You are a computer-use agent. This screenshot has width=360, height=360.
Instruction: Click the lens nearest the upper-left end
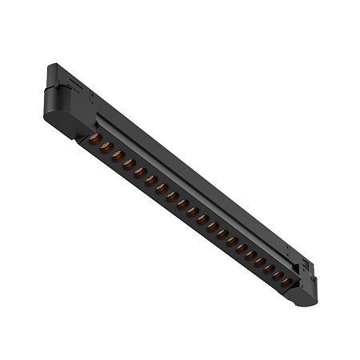tap(94, 139)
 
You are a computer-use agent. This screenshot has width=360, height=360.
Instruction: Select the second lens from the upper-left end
tap(106, 146)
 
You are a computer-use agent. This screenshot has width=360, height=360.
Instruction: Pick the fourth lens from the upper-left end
tap(128, 162)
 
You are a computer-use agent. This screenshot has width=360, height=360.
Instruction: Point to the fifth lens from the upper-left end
tap(139, 171)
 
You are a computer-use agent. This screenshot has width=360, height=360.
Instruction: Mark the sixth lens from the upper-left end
tap(150, 180)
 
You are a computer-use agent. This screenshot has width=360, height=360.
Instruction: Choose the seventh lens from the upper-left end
tap(161, 188)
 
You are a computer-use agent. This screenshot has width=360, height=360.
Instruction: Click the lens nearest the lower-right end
tap(285, 282)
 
